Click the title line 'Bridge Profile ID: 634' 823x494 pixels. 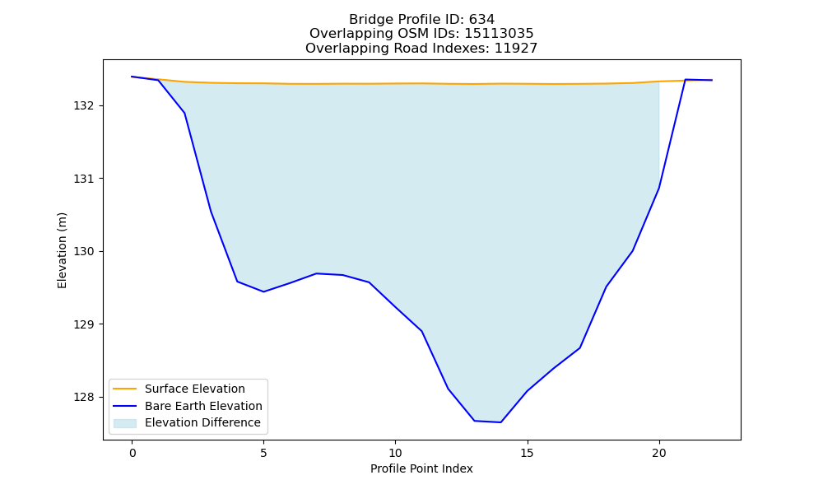(421, 20)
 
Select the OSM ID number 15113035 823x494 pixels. (499, 34)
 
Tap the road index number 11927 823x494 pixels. (516, 49)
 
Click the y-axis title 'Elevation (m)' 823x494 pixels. (62, 250)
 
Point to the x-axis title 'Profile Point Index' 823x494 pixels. (421, 468)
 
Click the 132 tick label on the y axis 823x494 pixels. (83, 106)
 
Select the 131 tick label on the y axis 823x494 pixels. (83, 179)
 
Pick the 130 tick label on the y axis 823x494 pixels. (83, 251)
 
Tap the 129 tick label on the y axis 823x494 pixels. (83, 324)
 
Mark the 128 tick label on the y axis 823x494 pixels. (83, 398)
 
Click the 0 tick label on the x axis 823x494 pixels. (133, 453)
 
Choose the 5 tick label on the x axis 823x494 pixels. (263, 453)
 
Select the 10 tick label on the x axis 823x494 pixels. (395, 453)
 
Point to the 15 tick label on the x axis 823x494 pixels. (527, 453)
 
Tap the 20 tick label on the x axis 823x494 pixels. (658, 453)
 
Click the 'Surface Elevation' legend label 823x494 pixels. (195, 389)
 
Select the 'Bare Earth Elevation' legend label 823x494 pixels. (203, 406)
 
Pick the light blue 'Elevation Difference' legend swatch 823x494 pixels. (125, 423)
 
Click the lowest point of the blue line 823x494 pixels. (500, 422)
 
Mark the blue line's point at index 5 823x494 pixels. (263, 291)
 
